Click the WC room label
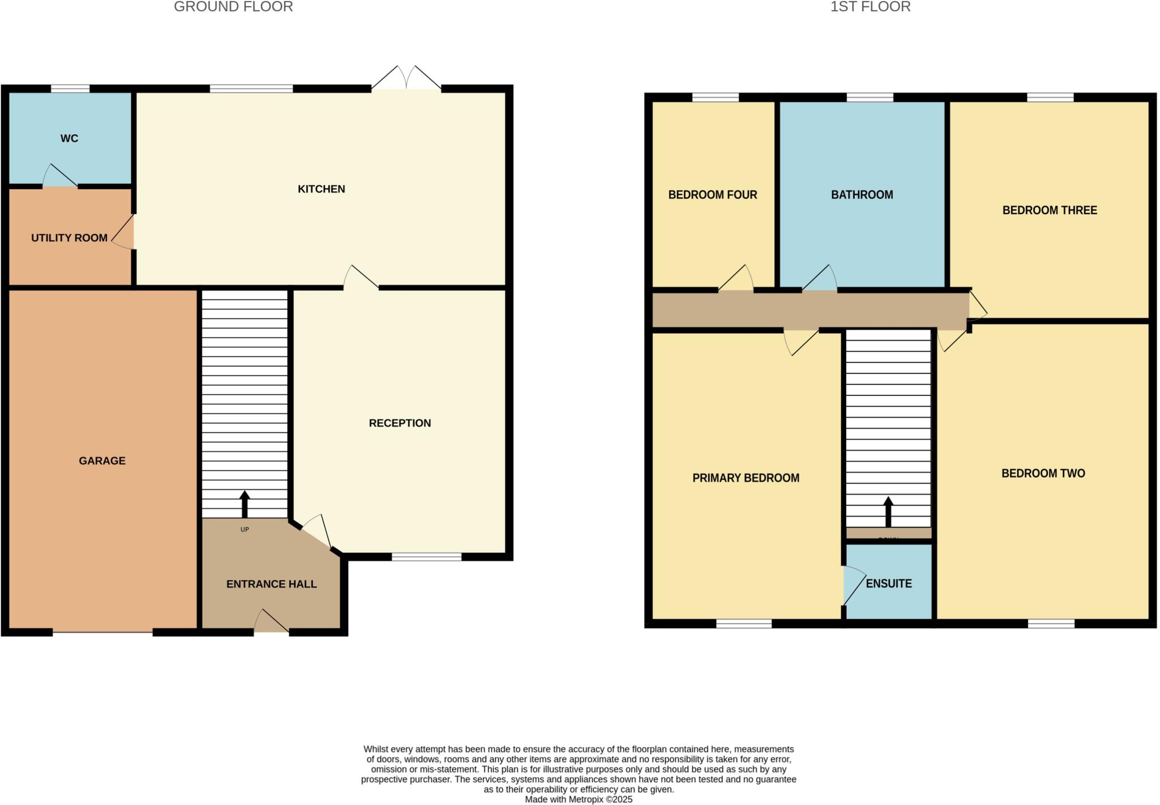click(x=69, y=138)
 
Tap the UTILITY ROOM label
click(x=69, y=238)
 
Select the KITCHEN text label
click(x=321, y=189)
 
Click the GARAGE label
click(x=102, y=461)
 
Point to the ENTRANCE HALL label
click(x=271, y=584)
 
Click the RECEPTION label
click(x=399, y=423)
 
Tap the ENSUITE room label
click(x=888, y=583)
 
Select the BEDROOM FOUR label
click(x=712, y=195)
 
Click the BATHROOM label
click(x=862, y=195)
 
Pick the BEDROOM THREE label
click(x=1049, y=211)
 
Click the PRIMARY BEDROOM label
click(x=745, y=478)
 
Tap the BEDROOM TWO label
click(x=1043, y=474)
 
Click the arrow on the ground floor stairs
click(x=245, y=504)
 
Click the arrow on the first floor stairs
click(x=888, y=511)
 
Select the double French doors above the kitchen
click(x=406, y=78)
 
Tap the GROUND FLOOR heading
click(x=233, y=7)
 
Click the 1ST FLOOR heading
click(x=870, y=7)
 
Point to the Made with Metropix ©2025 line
click(x=578, y=799)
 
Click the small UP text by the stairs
click(x=245, y=530)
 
